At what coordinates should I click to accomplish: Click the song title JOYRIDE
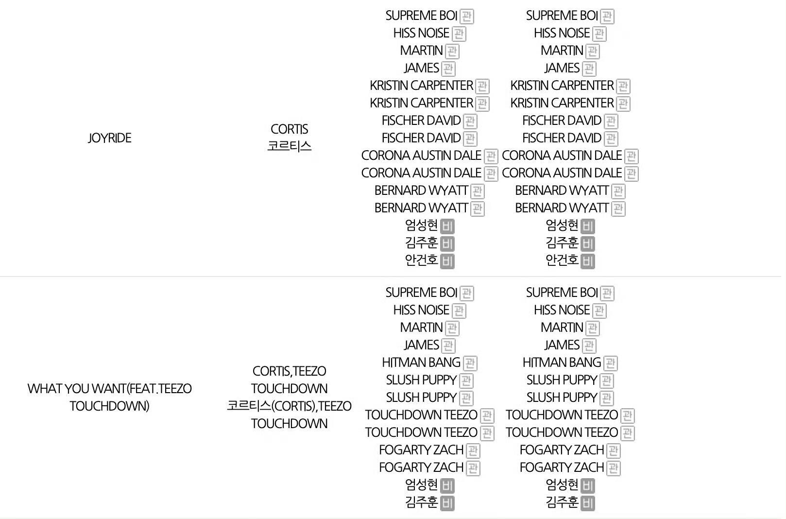(109, 138)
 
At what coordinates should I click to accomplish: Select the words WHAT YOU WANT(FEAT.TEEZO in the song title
(109, 389)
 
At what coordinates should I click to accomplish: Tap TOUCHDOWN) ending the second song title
(109, 406)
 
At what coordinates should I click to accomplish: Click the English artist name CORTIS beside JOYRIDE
(289, 129)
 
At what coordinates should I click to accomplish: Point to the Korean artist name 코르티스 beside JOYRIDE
(289, 146)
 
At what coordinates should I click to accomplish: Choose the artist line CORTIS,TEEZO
(289, 371)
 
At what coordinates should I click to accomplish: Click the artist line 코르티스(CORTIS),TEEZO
(289, 406)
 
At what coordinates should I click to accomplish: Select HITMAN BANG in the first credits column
(421, 363)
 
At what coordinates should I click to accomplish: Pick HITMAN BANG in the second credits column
(562, 363)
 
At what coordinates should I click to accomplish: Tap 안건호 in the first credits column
(421, 260)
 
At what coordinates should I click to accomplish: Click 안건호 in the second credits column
(562, 260)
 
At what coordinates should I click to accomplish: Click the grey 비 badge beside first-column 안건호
(447, 261)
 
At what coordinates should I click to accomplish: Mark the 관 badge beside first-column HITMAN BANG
(470, 363)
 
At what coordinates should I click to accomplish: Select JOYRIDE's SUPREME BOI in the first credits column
(421, 16)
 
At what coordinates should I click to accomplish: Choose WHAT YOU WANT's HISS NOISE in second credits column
(562, 310)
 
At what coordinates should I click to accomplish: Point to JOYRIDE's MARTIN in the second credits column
(562, 51)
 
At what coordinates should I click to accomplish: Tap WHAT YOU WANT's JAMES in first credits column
(421, 345)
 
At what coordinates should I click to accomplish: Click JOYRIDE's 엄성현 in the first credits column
(421, 225)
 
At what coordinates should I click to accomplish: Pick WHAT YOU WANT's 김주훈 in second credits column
(562, 502)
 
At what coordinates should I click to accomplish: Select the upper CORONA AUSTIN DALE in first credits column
(421, 156)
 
